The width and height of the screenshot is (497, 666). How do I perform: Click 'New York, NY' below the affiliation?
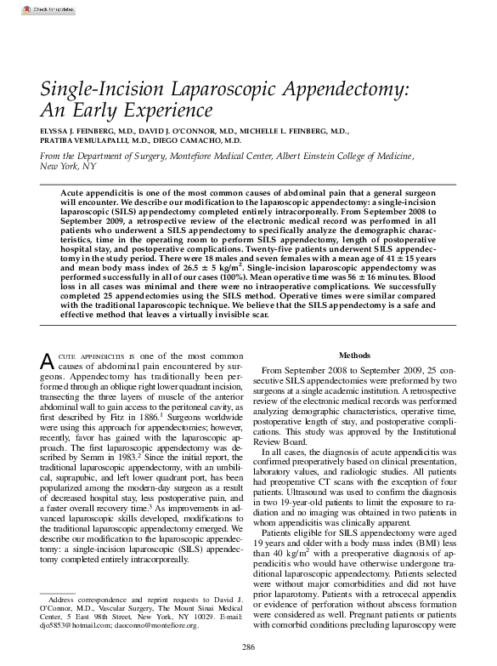click(68, 168)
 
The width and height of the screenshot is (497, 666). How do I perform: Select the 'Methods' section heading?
click(355, 355)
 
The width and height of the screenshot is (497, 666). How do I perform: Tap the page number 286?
click(248, 647)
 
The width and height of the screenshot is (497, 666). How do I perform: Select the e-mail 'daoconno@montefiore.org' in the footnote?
click(173, 625)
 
